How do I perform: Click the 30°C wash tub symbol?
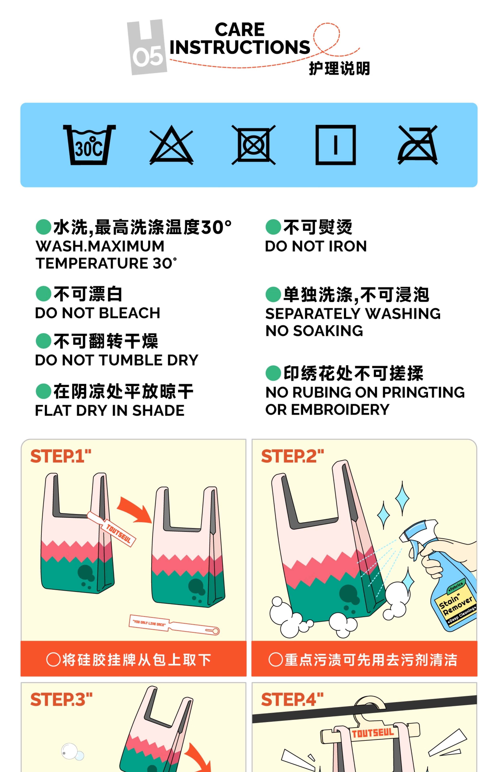[x=89, y=145]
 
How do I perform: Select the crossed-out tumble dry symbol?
[x=254, y=145]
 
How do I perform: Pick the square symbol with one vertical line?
[x=336, y=145]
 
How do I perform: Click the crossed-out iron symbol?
[x=417, y=145]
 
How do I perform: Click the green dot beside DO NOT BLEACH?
[x=43, y=294]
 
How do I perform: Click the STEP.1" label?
[x=61, y=456]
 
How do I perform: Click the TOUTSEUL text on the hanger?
[x=372, y=733]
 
